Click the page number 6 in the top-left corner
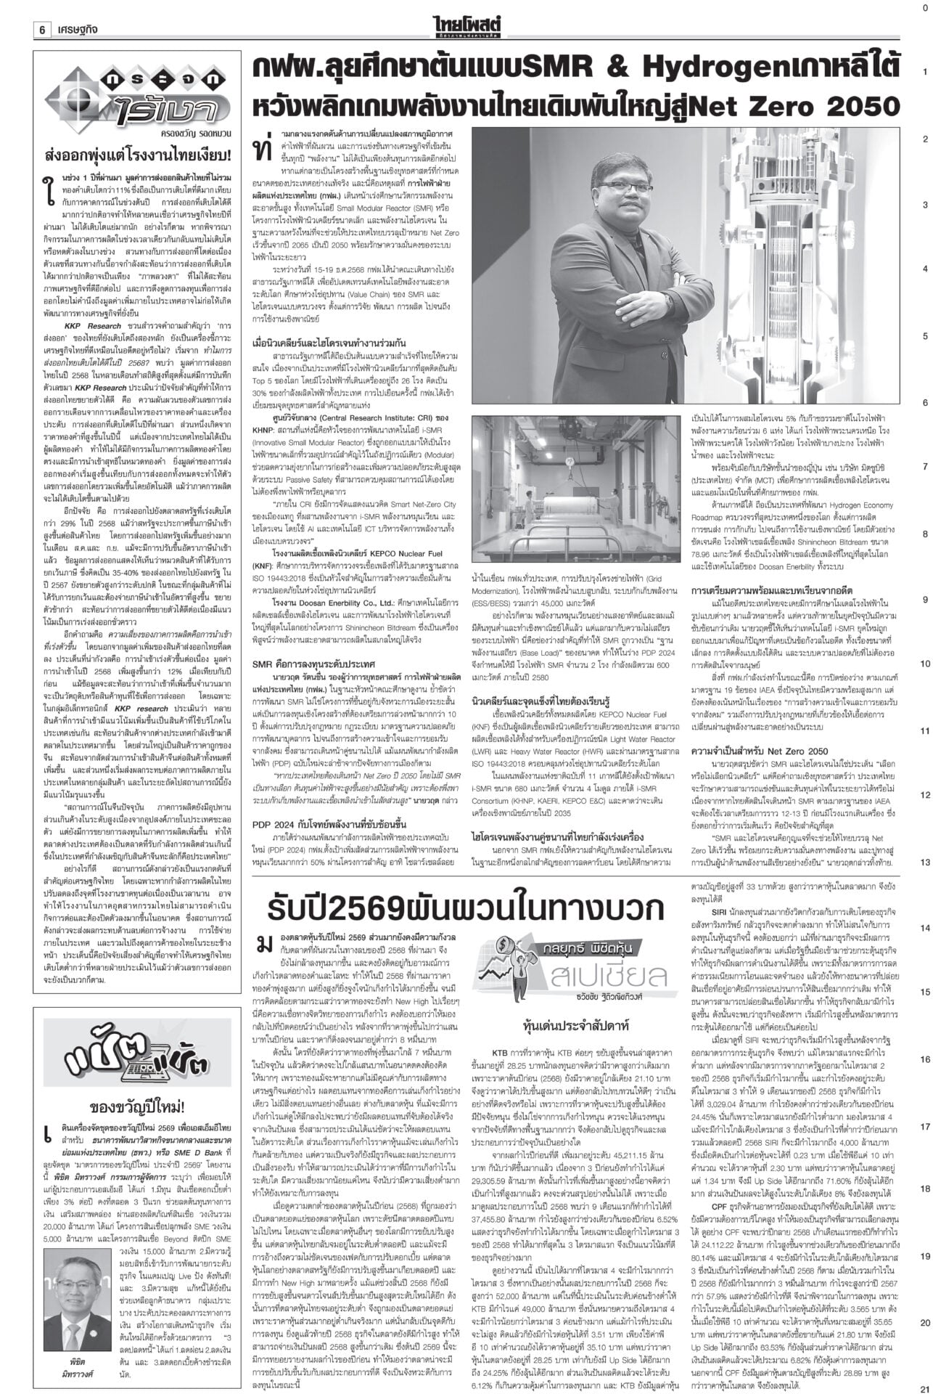43,10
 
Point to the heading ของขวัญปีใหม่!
138,1066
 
